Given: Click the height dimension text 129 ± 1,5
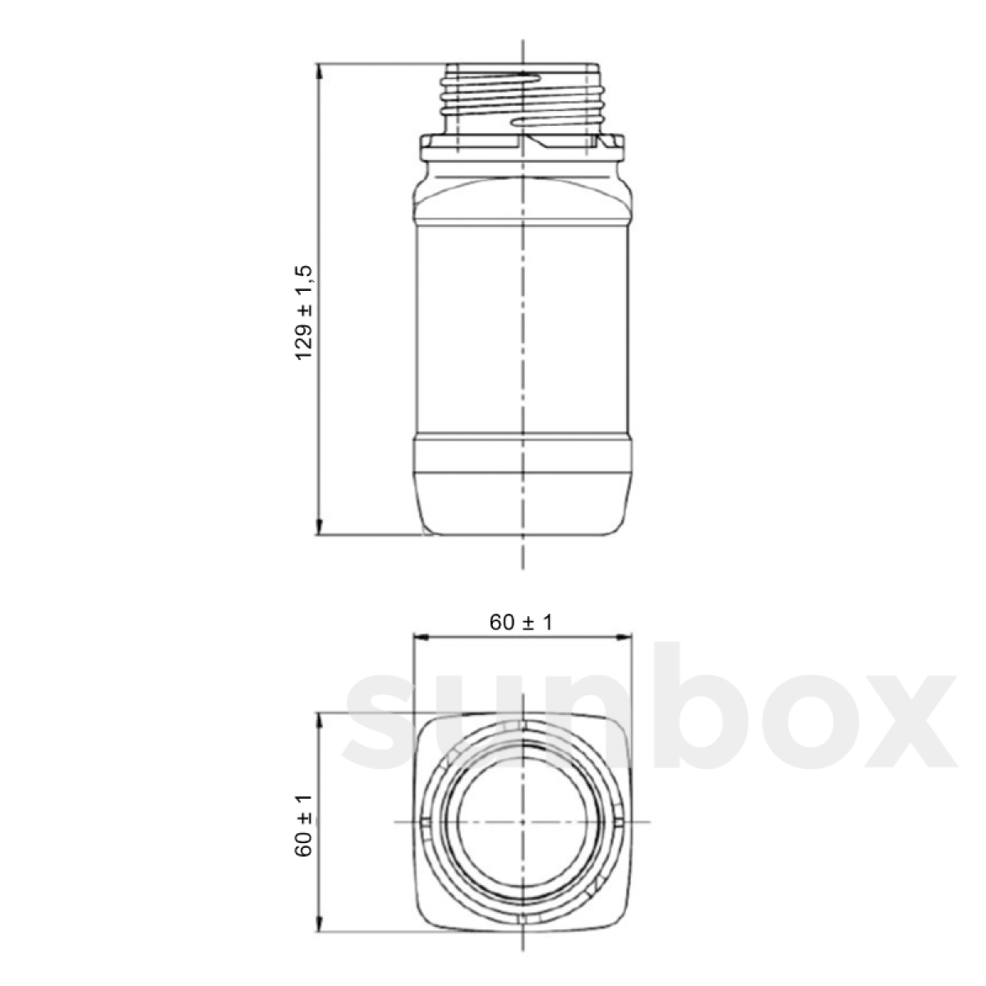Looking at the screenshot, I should click(305, 311).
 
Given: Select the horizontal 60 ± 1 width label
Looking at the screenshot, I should click(521, 622).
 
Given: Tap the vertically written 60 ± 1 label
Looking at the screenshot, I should click(305, 826).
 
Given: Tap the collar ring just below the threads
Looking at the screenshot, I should click(523, 147).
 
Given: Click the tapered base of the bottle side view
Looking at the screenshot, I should click(523, 505).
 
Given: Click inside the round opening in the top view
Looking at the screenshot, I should click(523, 822).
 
